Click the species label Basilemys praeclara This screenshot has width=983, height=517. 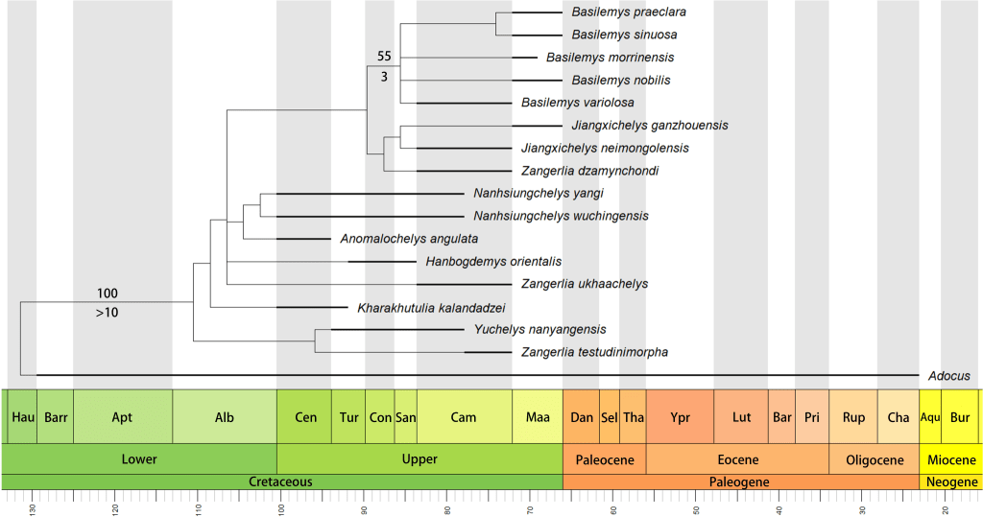pyautogui.click(x=629, y=12)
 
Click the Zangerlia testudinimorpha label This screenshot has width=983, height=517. pyautogui.click(x=594, y=352)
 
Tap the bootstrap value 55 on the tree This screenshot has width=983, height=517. pyautogui.click(x=384, y=56)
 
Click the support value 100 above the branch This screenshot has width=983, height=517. pyautogui.click(x=108, y=293)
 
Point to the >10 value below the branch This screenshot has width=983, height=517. pyautogui.click(x=108, y=312)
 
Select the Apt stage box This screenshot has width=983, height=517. pyautogui.click(x=122, y=417)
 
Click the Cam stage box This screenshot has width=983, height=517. pyautogui.click(x=464, y=417)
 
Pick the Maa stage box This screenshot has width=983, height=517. pyautogui.click(x=538, y=417)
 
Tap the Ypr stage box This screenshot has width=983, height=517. pyautogui.click(x=680, y=417)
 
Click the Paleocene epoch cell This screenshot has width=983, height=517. pyautogui.click(x=605, y=458)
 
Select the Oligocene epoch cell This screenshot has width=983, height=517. pyautogui.click(x=874, y=458)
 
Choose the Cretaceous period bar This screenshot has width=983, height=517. pyautogui.click(x=281, y=482)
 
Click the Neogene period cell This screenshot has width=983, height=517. pyautogui.click(x=950, y=482)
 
